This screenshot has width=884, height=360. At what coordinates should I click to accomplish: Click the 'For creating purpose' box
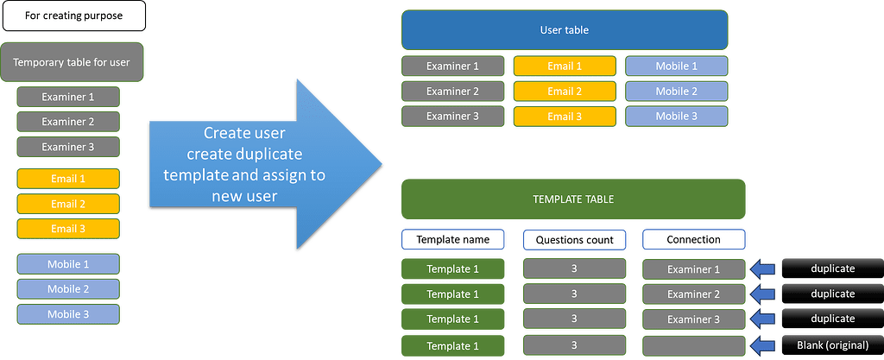click(73, 16)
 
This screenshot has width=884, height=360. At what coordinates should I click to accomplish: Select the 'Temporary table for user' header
click(72, 62)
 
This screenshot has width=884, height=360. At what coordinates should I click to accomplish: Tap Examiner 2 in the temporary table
click(68, 122)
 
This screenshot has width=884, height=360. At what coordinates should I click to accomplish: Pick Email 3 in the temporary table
click(68, 229)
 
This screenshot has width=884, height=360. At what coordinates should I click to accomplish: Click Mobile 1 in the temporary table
click(68, 264)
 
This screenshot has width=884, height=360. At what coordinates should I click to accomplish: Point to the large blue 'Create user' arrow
click(259, 164)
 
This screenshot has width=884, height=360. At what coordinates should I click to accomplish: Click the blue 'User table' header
click(564, 30)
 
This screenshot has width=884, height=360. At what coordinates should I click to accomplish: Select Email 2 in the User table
click(565, 91)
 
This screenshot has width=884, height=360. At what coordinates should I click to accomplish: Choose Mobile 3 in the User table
click(676, 116)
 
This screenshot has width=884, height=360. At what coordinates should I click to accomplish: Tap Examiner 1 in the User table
click(452, 66)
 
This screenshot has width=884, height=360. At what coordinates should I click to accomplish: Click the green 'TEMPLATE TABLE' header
click(572, 199)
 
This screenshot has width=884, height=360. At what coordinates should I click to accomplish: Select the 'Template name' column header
click(452, 239)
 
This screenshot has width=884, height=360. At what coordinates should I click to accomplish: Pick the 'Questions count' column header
click(574, 239)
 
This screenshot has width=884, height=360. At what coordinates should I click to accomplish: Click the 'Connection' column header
click(693, 239)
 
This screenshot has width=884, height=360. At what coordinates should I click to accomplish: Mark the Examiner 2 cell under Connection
click(693, 294)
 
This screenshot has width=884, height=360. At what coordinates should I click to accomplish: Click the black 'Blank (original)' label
click(832, 346)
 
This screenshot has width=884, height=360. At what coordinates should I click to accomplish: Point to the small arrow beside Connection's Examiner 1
click(763, 269)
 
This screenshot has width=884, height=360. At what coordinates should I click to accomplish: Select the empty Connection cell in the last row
click(693, 346)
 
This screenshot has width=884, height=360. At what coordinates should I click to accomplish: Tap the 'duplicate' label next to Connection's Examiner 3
click(832, 319)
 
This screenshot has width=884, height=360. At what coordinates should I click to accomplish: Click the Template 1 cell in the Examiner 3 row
click(452, 319)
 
